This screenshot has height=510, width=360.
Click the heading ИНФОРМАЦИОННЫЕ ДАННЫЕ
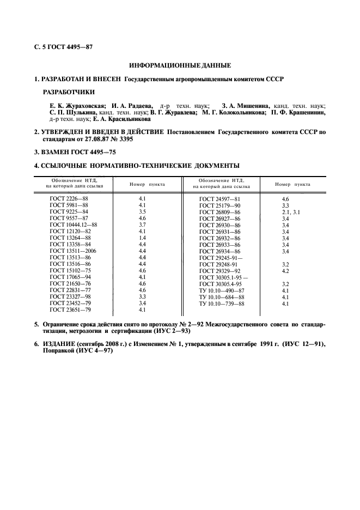click(180, 65)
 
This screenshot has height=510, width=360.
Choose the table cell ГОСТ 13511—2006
click(76, 251)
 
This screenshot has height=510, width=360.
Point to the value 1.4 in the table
click(142, 238)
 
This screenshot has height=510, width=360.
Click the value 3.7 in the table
click(142, 224)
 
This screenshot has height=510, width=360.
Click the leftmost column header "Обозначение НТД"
click(74, 180)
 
